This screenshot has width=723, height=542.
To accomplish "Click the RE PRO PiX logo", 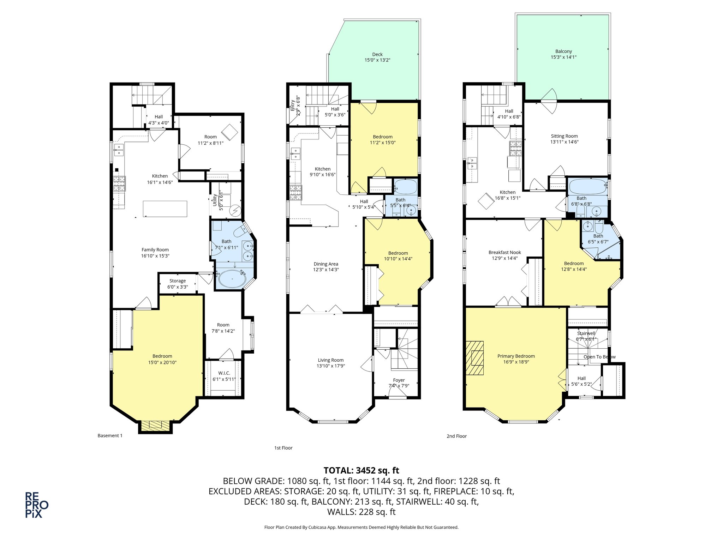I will click(x=36, y=505).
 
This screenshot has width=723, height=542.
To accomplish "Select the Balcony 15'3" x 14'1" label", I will click(x=563, y=54).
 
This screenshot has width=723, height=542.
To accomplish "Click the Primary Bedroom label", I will click(x=516, y=356).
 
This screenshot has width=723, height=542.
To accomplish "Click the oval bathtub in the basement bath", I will click(x=232, y=279).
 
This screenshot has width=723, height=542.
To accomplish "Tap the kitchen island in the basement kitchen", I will click(x=165, y=209).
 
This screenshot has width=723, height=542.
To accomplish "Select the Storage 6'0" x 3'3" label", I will click(x=177, y=284).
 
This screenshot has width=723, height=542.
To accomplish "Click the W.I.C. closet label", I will click(x=224, y=373).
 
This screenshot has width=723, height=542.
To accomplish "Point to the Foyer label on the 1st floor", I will click(x=399, y=380).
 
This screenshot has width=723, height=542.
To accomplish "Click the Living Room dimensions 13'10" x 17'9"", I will click(x=330, y=366).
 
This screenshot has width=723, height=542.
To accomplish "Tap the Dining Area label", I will click(x=325, y=264).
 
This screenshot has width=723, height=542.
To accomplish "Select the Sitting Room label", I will click(x=564, y=136).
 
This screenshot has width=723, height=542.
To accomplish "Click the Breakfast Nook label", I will click(x=504, y=252).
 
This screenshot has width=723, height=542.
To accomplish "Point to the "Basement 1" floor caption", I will click(x=110, y=435).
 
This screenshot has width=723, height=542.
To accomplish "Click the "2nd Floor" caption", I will click(x=456, y=436).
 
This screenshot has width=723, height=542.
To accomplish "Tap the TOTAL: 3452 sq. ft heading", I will click(x=361, y=470).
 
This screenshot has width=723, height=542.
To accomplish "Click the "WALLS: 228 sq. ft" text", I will click(x=361, y=512).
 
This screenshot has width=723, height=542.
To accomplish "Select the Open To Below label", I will click(x=599, y=357).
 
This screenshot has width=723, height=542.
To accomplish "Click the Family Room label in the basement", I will click(x=155, y=249).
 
